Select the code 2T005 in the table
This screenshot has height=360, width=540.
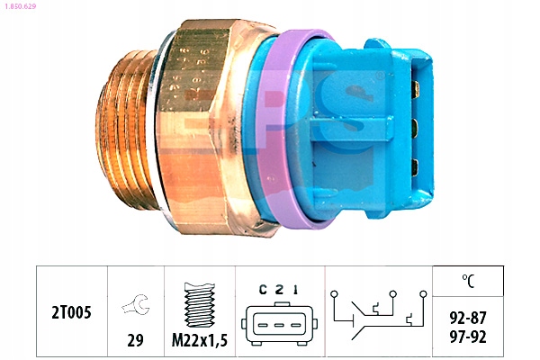(x=71, y=312)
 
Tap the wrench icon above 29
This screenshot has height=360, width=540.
(x=135, y=304)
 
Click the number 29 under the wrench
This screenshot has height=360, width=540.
(x=135, y=340)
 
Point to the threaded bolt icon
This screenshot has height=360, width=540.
(x=200, y=305)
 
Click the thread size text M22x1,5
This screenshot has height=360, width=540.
(x=200, y=340)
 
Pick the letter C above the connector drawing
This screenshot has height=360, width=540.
(x=263, y=290)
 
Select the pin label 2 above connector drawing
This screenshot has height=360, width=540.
(x=279, y=290)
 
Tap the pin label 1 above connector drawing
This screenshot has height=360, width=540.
(x=295, y=290)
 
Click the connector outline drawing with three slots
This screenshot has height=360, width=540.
(x=279, y=324)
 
